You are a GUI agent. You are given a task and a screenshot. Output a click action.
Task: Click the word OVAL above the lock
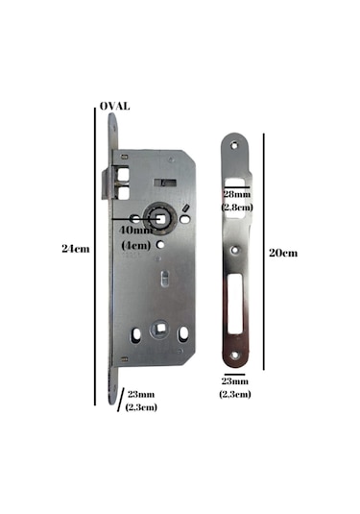pos(115,107)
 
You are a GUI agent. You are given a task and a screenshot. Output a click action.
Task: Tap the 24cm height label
pos(75,249)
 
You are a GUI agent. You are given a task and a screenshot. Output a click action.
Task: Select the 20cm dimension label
pos(283,253)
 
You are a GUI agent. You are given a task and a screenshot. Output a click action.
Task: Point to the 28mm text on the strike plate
pos(236,196)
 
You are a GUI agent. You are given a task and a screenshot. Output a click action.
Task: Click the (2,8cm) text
pos(236,207)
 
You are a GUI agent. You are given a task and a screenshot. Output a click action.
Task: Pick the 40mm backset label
pos(135,231)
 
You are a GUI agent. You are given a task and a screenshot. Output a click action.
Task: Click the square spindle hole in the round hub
pos(157,218)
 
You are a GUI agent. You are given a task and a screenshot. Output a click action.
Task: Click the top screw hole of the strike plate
pos(236,144)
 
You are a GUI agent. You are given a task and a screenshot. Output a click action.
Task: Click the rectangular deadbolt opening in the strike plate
pos(236,306)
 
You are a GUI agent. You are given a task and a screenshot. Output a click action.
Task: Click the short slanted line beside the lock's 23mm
pos(120,400)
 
